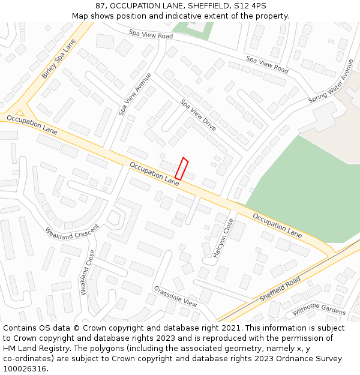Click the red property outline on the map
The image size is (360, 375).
pyautogui.click(x=181, y=169)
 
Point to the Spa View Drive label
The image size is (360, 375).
pyautogui.click(x=198, y=115)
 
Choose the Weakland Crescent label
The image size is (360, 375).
pyautogui.click(x=72, y=232)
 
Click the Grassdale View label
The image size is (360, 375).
pyautogui.click(x=175, y=296)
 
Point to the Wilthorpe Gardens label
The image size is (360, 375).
pyautogui.click(x=319, y=311)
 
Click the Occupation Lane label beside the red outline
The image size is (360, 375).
pyautogui.click(x=155, y=173)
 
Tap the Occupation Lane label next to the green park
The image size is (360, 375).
pyautogui.click(x=277, y=224)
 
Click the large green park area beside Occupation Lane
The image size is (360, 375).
pyautogui.click(x=300, y=186)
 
